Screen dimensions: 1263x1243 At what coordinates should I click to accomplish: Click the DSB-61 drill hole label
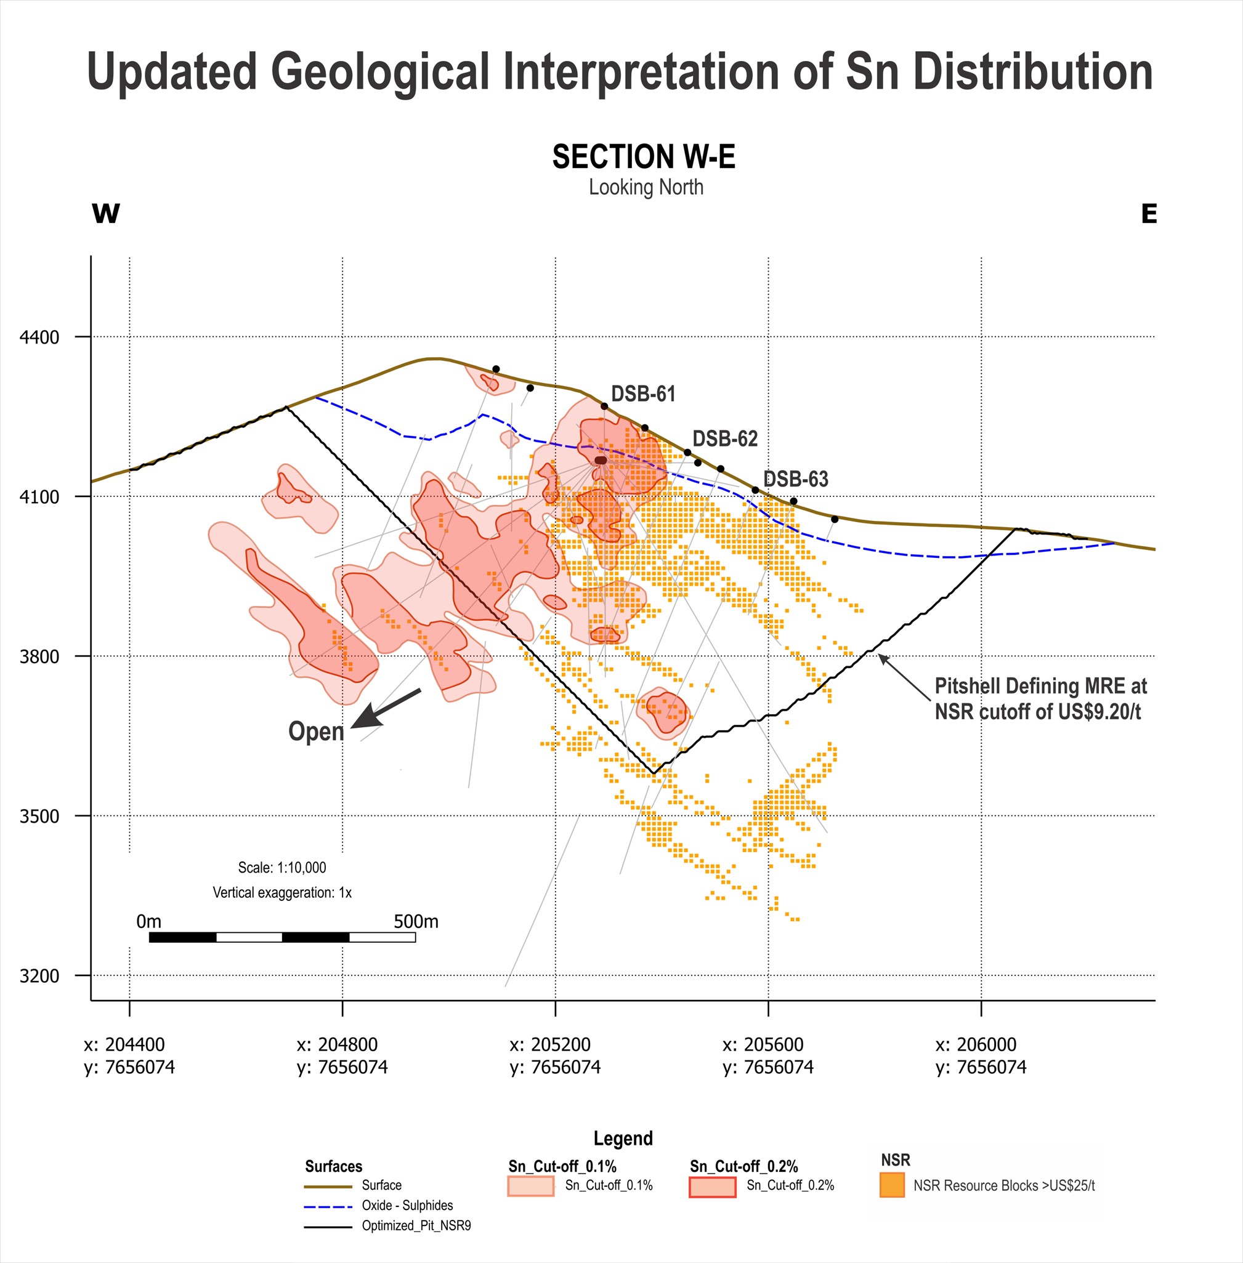[643, 393]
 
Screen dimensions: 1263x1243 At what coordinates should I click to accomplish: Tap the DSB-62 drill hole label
[724, 438]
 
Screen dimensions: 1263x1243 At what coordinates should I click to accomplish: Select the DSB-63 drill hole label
[796, 479]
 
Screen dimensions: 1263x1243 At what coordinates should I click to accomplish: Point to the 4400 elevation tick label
[39, 337]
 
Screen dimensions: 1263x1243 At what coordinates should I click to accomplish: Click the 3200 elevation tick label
[39, 976]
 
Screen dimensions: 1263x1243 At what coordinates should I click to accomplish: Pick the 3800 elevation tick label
[39, 656]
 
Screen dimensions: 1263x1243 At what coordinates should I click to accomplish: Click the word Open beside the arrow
[316, 731]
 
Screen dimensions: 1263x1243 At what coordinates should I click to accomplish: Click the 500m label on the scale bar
[416, 921]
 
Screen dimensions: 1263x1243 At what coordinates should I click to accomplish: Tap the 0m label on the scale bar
[148, 921]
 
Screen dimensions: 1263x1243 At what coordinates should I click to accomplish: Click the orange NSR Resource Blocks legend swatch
[892, 1185]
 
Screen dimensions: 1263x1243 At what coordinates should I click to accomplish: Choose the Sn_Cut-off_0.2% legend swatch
[712, 1187]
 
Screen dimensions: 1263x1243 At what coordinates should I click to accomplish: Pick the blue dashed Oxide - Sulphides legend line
[328, 1206]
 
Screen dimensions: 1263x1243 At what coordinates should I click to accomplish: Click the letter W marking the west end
[106, 214]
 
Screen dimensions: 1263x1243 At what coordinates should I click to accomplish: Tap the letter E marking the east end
[1149, 214]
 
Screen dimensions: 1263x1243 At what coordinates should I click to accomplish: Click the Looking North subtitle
[646, 187]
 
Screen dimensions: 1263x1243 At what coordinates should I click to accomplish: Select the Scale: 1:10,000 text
[282, 868]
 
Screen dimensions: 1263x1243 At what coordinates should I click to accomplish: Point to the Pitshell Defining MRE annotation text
[1040, 698]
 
